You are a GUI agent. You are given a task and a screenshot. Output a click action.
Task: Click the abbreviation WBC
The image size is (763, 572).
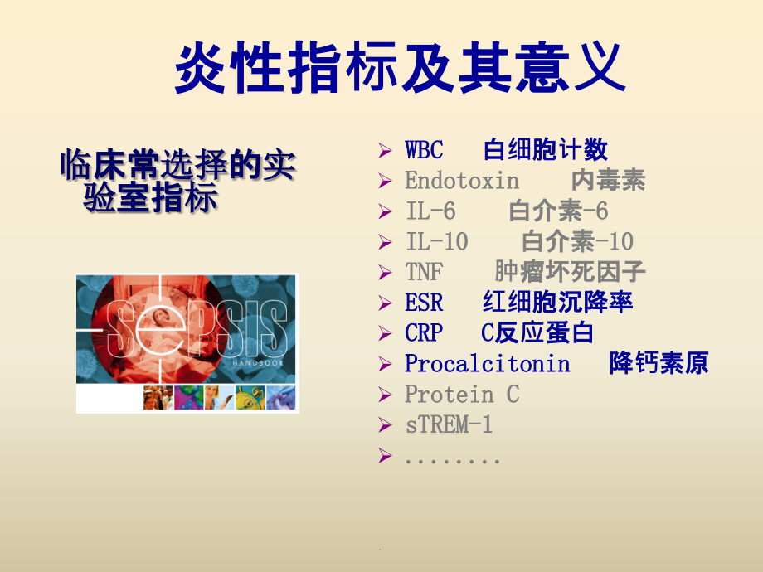pos(424,150)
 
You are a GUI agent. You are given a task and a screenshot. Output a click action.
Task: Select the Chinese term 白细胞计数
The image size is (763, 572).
pos(545,150)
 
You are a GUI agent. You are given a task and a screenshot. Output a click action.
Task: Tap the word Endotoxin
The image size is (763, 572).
pos(462,181)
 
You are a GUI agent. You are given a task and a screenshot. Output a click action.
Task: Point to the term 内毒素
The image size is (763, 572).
pos(608,181)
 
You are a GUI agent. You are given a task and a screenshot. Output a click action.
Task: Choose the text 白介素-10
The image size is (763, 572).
pos(577,242)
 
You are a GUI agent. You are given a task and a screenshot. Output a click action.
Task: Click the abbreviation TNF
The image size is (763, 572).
pos(424,272)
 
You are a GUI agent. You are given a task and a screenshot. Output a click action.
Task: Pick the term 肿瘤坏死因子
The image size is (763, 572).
pos(570,272)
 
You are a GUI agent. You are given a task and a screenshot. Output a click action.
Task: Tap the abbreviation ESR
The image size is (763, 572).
pos(424,303)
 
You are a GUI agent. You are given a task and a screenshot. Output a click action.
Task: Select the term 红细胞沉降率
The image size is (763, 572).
pos(557,303)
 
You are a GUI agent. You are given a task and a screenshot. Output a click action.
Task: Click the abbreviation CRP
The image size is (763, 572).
pos(424,333)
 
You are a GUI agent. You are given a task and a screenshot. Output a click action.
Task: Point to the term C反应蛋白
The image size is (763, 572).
pos(537,333)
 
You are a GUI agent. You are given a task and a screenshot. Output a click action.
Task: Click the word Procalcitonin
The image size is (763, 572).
pos(487,364)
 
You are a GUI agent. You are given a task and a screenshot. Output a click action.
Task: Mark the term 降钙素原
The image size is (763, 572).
pos(659,364)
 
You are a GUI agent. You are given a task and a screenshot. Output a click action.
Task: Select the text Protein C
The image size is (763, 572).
pos(462,395)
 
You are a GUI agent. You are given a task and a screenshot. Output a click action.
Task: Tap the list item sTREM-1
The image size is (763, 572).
pos(449,425)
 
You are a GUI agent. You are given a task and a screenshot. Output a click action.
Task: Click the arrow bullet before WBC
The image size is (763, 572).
pos(384,151)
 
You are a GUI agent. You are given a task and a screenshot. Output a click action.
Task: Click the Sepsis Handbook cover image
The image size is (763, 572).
pos(187,343)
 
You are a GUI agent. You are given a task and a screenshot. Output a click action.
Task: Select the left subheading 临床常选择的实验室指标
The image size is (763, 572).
pos(177,182)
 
